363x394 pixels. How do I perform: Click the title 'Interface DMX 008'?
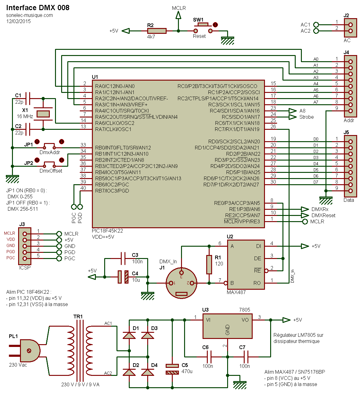point(38,8)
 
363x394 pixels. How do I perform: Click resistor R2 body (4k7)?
point(157,31)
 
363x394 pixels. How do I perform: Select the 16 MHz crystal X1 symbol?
point(43,114)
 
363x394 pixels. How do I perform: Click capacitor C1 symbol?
point(28,98)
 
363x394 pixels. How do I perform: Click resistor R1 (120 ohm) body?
point(209,265)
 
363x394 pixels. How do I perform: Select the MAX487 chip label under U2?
point(236,292)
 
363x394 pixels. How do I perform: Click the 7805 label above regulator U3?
point(245,310)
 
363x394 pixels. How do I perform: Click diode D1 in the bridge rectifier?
point(129,335)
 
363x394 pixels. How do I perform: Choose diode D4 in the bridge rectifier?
point(148,372)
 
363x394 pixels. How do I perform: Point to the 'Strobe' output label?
point(306,117)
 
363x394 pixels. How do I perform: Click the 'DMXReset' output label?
point(323,215)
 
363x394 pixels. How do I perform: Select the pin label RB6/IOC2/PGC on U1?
point(112,185)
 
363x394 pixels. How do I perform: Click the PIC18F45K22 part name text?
point(107,231)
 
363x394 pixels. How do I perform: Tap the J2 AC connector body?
point(350,28)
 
